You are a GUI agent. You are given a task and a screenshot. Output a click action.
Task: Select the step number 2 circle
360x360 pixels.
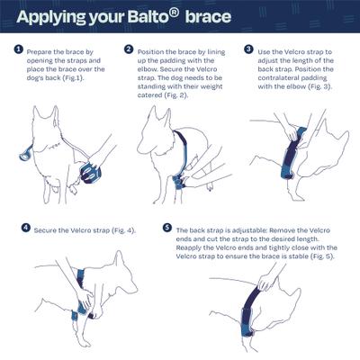pos(129,49)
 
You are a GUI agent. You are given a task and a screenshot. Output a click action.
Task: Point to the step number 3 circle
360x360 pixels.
pos(248,49)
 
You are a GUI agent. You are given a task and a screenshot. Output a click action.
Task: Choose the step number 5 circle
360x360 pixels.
pos(167,229)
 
